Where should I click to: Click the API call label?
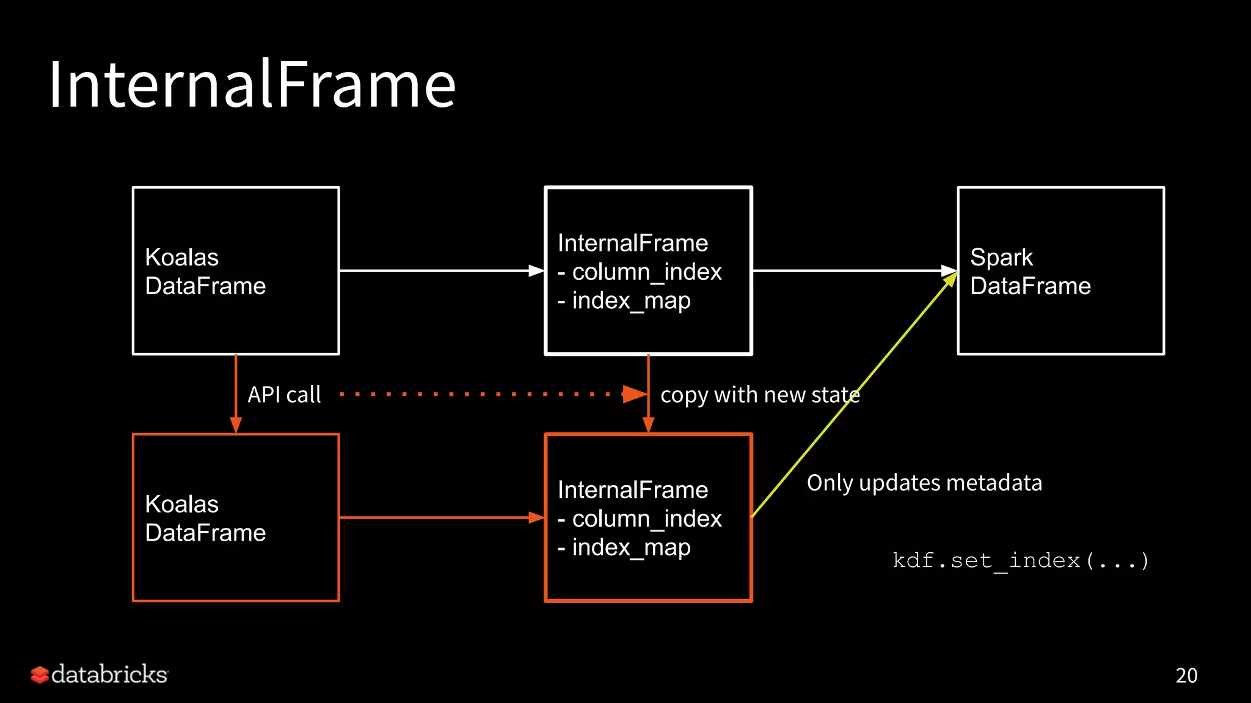[284, 395]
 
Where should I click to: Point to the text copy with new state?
[760, 395]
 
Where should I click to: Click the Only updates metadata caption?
[924, 483]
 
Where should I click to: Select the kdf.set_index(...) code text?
[1021, 560]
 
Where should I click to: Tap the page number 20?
[1186, 676]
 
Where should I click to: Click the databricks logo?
[100, 674]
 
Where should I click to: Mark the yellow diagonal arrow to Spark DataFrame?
[855, 394]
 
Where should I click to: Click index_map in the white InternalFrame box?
[631, 301]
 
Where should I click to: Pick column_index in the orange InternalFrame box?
[646, 519]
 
